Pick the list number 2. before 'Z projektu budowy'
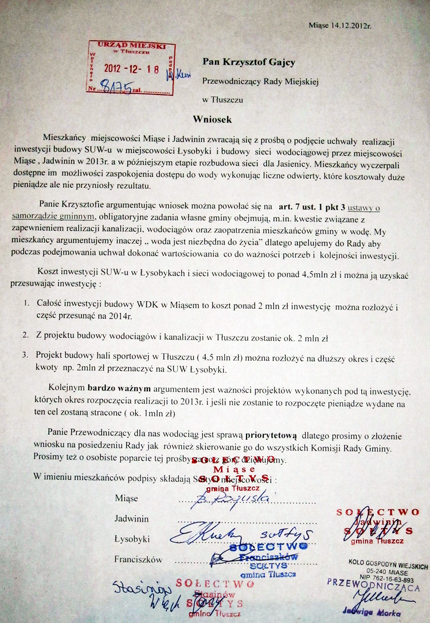(26, 334)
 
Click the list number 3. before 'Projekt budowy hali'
(26, 354)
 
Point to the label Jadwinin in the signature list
(132, 519)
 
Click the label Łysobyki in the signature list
(132, 539)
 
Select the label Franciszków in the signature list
(138, 559)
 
